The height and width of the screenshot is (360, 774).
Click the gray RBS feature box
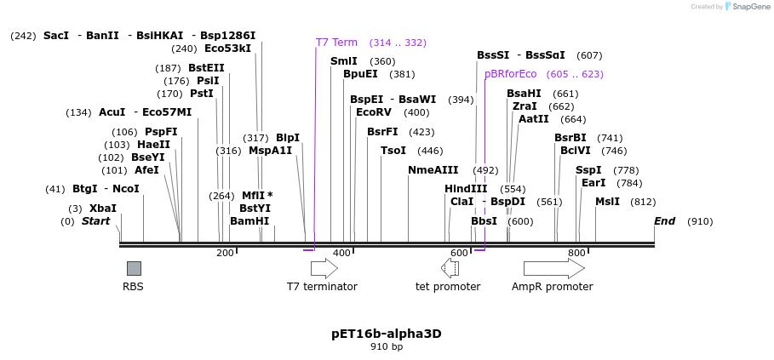click(x=134, y=268)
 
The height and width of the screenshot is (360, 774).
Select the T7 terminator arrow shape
click(x=324, y=268)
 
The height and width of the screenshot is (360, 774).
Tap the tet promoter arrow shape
click(x=450, y=268)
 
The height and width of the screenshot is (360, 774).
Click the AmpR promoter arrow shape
click(x=553, y=268)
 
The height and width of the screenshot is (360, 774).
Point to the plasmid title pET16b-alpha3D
click(x=387, y=334)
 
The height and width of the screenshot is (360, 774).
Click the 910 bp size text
click(x=387, y=347)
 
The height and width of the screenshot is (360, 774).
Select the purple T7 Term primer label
click(x=336, y=42)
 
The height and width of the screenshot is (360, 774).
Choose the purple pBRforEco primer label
click(x=510, y=74)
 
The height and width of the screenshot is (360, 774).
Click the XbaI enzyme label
click(x=103, y=209)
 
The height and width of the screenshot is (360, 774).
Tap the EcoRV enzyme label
click(x=374, y=112)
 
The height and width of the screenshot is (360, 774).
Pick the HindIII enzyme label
click(x=466, y=189)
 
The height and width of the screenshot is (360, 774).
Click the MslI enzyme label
click(x=607, y=202)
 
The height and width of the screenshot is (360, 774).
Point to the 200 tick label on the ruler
click(x=225, y=253)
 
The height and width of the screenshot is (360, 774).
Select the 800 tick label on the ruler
click(x=576, y=253)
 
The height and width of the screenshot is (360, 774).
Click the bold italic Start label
click(x=95, y=221)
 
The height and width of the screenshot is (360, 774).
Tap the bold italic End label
click(x=664, y=221)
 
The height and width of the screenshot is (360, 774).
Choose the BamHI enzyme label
click(x=249, y=221)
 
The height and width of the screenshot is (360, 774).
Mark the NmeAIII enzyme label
click(x=433, y=170)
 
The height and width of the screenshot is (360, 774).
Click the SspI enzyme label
click(x=588, y=170)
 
